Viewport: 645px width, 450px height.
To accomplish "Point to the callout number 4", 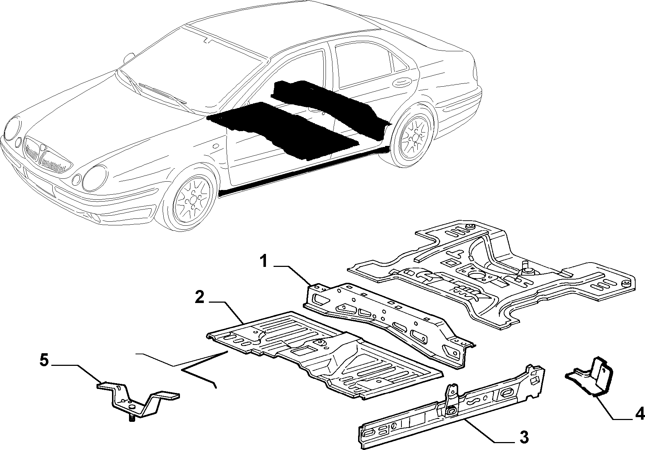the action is [640, 414].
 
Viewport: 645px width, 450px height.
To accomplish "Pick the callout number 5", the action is [44, 361].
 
